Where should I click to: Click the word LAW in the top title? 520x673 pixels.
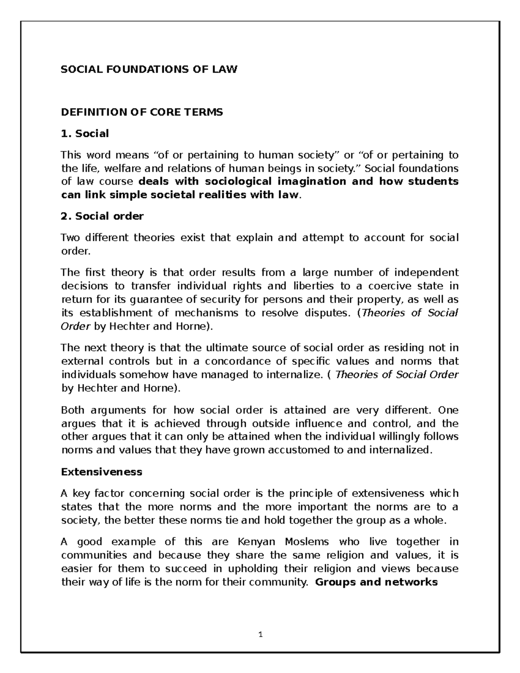point(226,69)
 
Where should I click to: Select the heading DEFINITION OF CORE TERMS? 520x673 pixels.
point(142,112)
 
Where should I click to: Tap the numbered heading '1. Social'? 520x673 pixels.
point(85,133)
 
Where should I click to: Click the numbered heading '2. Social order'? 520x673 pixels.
point(102,216)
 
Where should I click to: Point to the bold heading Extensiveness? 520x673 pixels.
point(101,471)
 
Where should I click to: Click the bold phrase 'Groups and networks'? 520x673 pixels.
point(377,582)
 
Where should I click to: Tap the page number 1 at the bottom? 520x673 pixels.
point(260,635)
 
